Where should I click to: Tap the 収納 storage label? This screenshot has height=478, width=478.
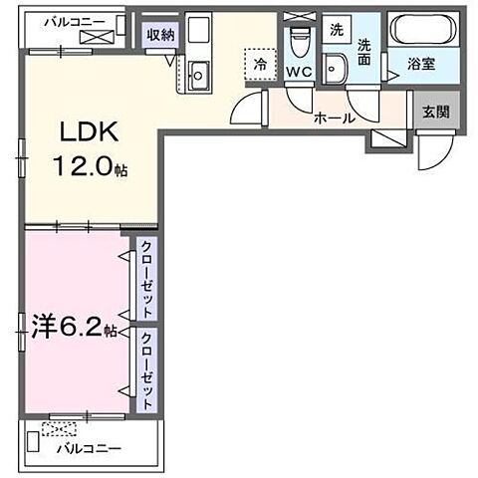point(160,34)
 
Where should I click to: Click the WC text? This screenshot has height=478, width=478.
point(301,73)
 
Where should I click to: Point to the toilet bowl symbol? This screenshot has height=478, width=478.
point(298,40)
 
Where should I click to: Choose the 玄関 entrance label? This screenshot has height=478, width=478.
point(434,112)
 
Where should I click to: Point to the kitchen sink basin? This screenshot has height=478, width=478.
point(197,73)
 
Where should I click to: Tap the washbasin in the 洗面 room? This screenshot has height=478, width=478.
point(337,67)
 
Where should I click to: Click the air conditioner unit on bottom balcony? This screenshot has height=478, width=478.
point(59,430)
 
